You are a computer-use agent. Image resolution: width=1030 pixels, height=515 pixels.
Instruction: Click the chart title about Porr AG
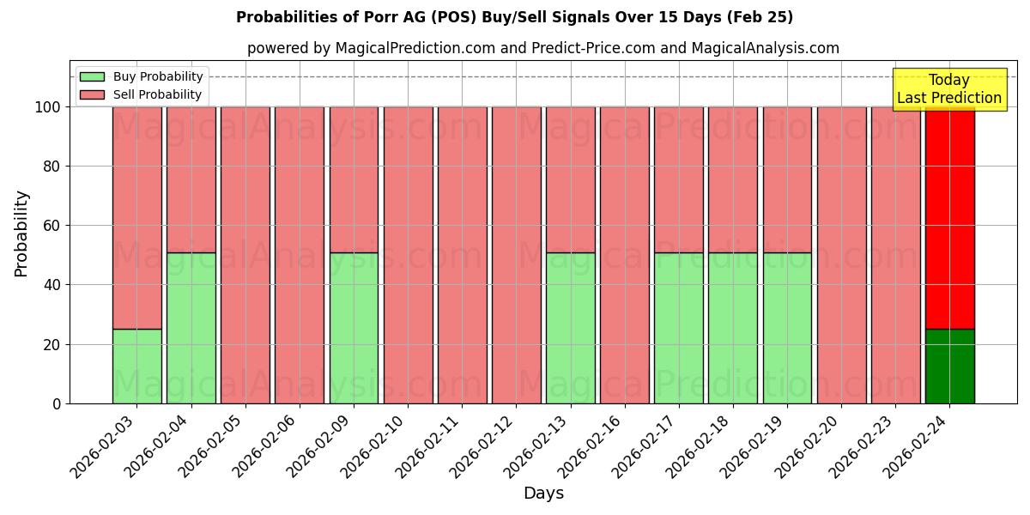point(514,17)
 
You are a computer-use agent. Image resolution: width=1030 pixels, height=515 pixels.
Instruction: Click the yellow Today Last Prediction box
point(948,89)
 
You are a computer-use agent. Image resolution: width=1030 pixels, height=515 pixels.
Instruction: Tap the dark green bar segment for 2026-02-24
point(949,367)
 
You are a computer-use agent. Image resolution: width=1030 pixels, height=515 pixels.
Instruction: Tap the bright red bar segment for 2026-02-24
point(949,217)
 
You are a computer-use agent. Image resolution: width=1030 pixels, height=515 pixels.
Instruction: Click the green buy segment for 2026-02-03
point(136,367)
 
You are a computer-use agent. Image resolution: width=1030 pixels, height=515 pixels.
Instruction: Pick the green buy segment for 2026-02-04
point(191,328)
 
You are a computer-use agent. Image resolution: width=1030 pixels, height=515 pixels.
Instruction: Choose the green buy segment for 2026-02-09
point(354,328)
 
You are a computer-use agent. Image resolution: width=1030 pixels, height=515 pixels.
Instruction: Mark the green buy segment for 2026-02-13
point(570,328)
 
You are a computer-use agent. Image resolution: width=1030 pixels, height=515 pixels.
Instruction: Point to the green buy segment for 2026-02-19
point(787,328)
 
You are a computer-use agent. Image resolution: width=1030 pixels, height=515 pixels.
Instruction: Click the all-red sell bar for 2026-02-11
point(462,255)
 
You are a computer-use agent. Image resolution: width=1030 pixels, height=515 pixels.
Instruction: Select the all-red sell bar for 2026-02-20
point(841,255)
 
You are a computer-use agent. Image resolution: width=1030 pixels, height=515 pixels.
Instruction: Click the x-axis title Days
point(543,494)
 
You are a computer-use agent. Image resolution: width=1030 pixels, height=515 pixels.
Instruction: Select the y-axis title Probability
point(21,233)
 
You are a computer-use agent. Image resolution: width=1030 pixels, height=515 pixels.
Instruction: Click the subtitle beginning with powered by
point(542,48)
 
